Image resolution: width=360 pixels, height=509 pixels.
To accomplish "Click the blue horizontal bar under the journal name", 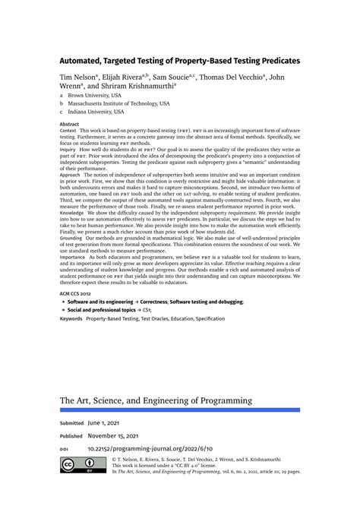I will pos(179,410).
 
